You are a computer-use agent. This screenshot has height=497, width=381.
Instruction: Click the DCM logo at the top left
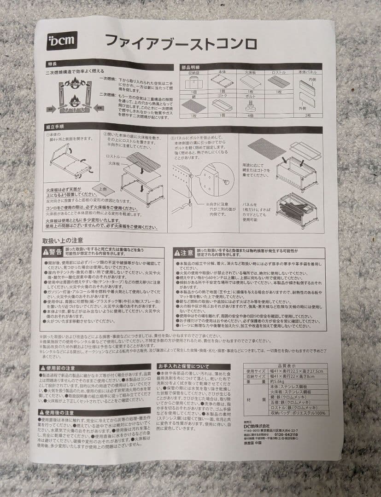tap(62, 41)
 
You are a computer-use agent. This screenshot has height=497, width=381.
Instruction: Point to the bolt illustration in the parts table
tap(251, 105)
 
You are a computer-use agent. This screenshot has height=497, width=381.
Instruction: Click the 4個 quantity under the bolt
tap(251, 116)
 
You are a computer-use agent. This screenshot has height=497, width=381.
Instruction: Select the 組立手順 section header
tap(55, 127)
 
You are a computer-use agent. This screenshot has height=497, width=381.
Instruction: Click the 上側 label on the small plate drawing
tap(102, 188)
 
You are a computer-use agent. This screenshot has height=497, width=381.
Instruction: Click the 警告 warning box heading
tap(52, 252)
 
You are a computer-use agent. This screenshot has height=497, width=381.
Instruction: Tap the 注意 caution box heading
tap(183, 253)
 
